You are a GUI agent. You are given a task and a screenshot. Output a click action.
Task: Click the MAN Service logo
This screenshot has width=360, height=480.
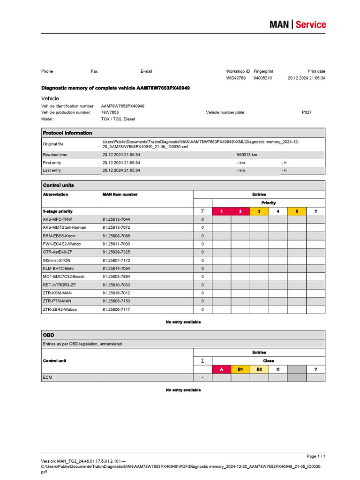[297, 24]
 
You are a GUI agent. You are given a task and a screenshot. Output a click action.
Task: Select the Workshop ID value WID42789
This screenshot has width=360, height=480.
[236, 78]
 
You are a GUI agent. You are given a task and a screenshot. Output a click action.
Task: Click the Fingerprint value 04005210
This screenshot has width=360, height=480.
[262, 78]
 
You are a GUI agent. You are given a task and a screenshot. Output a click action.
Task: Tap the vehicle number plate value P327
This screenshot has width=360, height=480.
[307, 112]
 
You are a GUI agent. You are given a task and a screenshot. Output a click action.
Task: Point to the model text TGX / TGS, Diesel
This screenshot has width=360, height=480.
[118, 119]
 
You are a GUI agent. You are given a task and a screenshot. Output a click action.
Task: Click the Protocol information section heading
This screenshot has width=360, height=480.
[67, 133]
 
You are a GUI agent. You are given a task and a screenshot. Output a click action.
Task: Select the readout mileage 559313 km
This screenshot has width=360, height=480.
[247, 155]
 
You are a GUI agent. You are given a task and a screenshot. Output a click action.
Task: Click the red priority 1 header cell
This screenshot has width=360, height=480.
[221, 211]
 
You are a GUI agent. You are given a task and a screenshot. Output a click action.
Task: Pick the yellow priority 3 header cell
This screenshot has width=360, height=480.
[259, 211]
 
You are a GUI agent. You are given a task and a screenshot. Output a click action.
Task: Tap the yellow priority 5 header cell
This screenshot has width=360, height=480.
[297, 211]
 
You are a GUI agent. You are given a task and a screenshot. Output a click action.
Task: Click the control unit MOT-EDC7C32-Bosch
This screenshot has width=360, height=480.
[64, 277]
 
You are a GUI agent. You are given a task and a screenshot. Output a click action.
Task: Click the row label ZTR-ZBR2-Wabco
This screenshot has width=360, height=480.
[60, 309]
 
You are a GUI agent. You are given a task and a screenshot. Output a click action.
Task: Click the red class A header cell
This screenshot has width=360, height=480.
[221, 369]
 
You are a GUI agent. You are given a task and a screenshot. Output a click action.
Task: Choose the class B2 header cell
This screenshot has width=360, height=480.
[259, 369]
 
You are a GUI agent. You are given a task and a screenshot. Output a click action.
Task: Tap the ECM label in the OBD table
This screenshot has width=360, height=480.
[48, 377]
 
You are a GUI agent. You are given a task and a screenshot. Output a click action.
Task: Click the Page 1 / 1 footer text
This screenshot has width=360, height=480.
[316, 456]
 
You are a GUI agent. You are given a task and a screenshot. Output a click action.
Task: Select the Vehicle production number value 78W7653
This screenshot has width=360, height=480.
[110, 112]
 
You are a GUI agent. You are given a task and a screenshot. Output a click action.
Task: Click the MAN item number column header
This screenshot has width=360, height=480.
[120, 194]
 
